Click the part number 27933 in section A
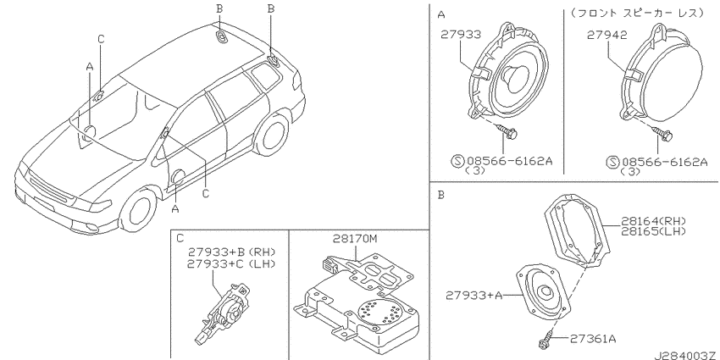461,35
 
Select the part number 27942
606,35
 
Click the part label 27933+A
474,296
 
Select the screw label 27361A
593,340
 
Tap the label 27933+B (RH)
231,252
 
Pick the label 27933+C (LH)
231,263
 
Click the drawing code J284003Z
686,355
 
